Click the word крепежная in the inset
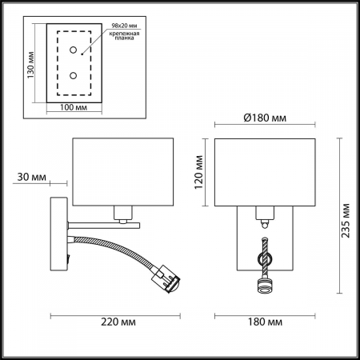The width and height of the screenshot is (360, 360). pyautogui.click(x=126, y=37)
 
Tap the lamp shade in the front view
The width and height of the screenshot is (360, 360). pyautogui.click(x=264, y=172)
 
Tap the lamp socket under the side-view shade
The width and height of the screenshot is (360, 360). pyautogui.click(x=122, y=212)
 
